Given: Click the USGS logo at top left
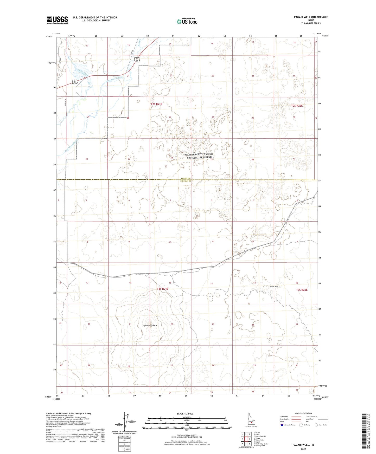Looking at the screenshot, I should pos(57,20).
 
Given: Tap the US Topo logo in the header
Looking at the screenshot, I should pos(187,21).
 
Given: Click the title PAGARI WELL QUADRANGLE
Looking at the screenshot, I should pos(306,17).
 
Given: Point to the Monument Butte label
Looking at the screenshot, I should pos(150,325).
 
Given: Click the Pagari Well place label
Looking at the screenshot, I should pos(274,287).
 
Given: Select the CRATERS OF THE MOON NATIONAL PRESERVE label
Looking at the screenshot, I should pos(199,156).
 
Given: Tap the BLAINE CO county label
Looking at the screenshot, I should pos(186,178).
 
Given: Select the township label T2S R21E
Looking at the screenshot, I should pos(156,104).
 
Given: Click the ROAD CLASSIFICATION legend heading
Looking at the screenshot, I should pos(303,413).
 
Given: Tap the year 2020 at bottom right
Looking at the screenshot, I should pos(303,449).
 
